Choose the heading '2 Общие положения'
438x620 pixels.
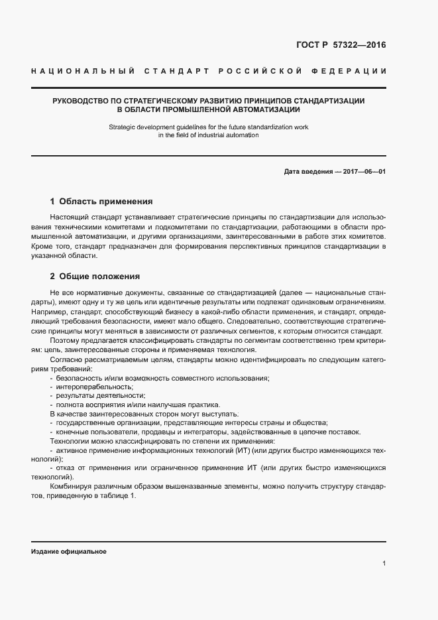pyautogui.click(x=95, y=276)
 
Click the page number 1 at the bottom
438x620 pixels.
pyautogui.click(x=384, y=564)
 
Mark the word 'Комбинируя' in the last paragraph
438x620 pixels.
pyautogui.click(x=71, y=487)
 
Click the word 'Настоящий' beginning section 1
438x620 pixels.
pyautogui.click(x=68, y=217)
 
